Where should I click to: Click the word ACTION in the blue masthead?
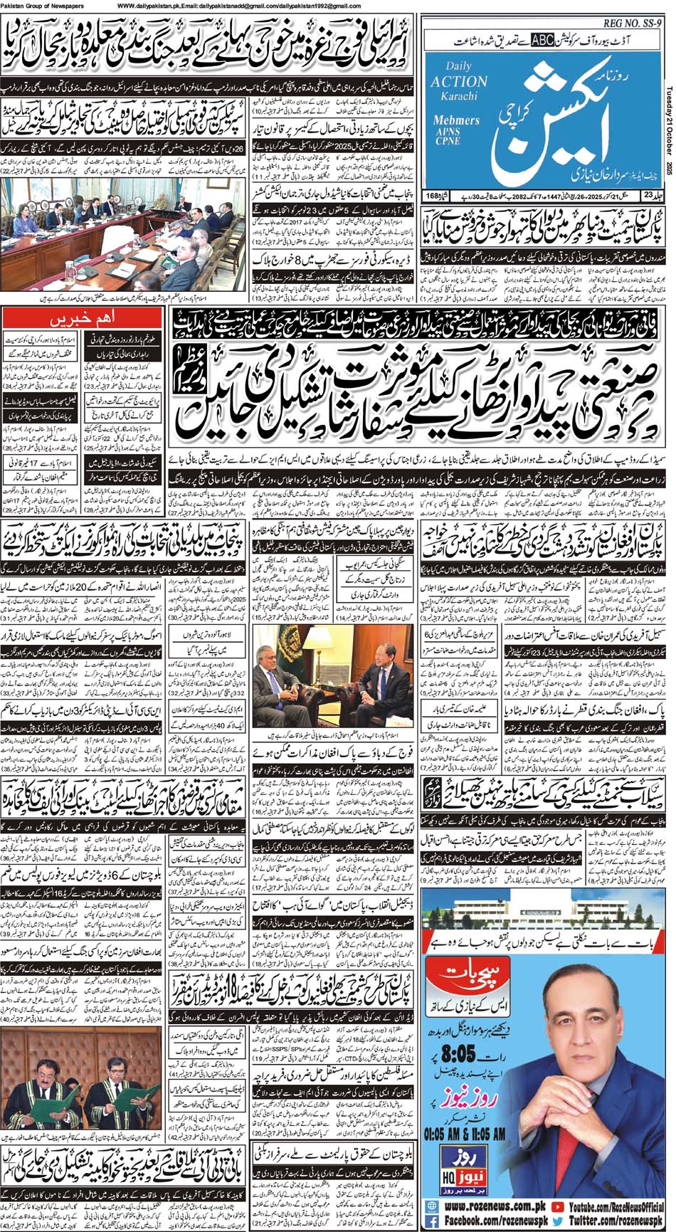pyautogui.click(x=459, y=81)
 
